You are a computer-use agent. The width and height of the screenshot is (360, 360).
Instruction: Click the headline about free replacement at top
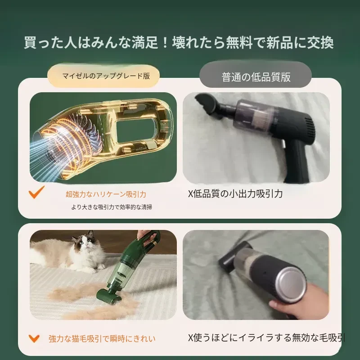click(x=179, y=43)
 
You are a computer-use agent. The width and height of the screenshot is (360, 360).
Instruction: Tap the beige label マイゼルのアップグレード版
click(x=103, y=76)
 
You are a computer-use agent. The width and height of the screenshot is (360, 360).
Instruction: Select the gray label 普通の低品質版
click(x=256, y=76)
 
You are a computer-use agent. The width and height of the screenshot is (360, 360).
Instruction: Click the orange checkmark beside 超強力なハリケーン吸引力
click(x=36, y=192)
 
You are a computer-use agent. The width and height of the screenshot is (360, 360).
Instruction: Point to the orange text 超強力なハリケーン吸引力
click(x=106, y=194)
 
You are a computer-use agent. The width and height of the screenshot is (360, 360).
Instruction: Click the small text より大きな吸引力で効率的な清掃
click(x=112, y=207)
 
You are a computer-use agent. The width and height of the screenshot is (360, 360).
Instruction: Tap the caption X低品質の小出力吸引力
click(x=235, y=194)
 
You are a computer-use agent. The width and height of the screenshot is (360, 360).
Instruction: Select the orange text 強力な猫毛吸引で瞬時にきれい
click(x=102, y=339)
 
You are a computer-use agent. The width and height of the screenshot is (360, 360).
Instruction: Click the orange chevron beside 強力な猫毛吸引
click(x=34, y=338)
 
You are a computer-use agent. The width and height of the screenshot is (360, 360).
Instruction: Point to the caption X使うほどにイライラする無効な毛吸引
click(x=266, y=338)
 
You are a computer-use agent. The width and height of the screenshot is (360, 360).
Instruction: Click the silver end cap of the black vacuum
click(x=291, y=283)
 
